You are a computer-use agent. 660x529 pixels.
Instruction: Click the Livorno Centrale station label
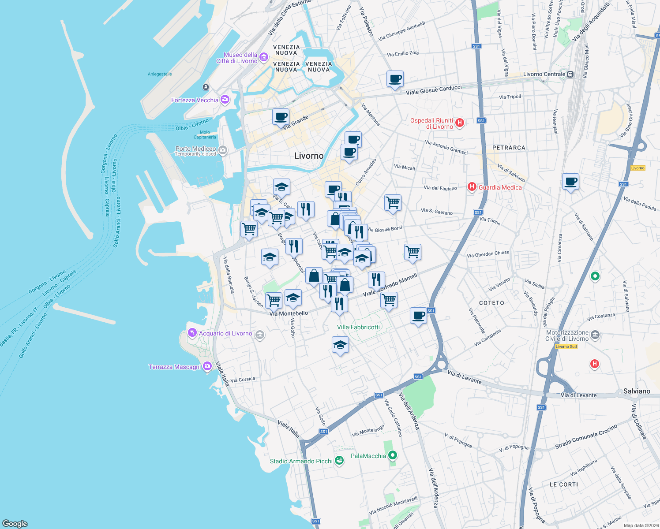(x=544, y=74)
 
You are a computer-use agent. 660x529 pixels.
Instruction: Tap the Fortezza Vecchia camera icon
(x=225, y=100)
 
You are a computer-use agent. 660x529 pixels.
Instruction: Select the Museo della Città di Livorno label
(x=236, y=58)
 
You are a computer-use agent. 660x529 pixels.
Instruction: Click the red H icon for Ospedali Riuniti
(x=459, y=123)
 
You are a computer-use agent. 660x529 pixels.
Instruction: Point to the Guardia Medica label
(x=500, y=187)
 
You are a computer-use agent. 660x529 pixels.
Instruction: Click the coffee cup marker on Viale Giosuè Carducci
(x=395, y=79)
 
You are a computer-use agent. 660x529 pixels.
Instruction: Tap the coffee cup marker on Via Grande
(x=281, y=117)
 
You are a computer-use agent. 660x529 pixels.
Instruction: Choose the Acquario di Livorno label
(x=225, y=333)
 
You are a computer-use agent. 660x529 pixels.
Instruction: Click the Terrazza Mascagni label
(x=175, y=367)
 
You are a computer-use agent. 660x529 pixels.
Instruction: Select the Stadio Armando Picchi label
(x=301, y=461)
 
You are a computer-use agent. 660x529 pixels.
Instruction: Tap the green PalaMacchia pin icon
(x=393, y=455)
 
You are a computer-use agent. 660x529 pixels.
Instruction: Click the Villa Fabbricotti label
(x=358, y=327)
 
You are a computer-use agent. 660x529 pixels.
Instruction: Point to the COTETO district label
(x=491, y=303)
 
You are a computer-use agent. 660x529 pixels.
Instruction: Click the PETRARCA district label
(x=509, y=148)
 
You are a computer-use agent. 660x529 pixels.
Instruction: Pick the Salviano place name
(x=637, y=391)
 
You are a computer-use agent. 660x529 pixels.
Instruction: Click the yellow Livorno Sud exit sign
(x=566, y=346)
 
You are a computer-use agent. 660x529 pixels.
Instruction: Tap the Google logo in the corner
(x=15, y=523)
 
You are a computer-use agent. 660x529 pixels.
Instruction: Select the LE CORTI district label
(x=563, y=484)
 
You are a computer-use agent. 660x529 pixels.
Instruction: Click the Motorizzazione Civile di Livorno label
(x=567, y=335)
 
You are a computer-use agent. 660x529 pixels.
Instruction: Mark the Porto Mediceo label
(x=195, y=149)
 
